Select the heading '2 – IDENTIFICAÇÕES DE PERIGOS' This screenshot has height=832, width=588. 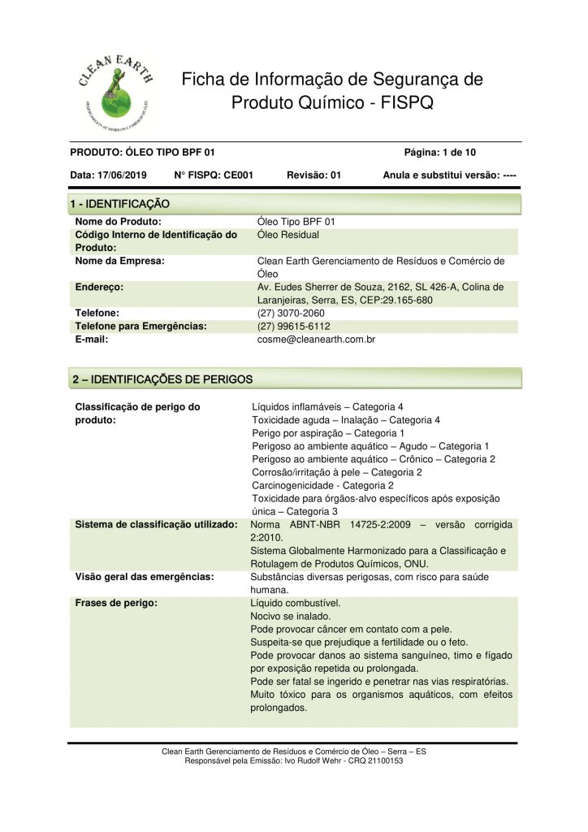coord(162,379)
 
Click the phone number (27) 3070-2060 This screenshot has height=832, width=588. coord(290,313)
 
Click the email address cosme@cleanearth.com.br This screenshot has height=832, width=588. coord(315,340)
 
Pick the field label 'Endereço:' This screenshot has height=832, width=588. coord(99,287)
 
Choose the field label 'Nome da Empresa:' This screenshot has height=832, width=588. coord(120,261)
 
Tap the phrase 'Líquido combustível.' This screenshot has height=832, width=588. coord(296,604)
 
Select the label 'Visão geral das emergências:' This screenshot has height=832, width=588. coord(145,577)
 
